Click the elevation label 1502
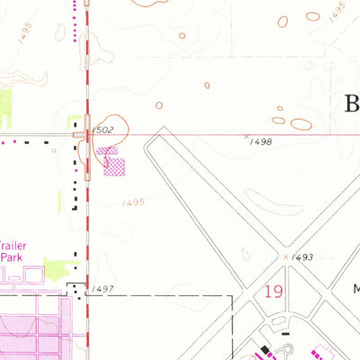click(103, 130)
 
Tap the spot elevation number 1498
click(262, 142)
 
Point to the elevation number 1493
click(302, 257)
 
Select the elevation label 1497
click(103, 289)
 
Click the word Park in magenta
click(10, 256)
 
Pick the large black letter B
click(351, 103)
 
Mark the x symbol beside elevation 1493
click(287, 256)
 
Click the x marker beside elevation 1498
click(247, 136)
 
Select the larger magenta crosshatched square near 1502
click(115, 166)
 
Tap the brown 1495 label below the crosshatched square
click(132, 203)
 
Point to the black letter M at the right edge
click(355, 290)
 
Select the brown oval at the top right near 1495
click(312, 15)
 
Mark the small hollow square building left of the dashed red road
click(54, 150)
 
